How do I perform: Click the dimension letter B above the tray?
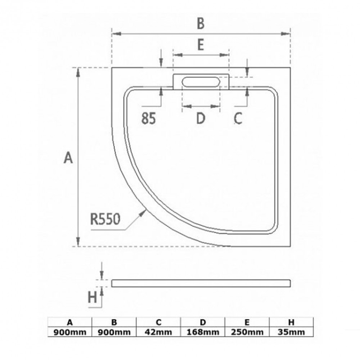point(201,23)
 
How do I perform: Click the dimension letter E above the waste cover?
point(201,45)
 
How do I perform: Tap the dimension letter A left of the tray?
point(68,158)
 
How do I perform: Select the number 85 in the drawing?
point(149,118)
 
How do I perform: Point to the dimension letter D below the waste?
point(201,118)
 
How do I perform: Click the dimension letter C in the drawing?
point(238,118)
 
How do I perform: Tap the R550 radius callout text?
point(105,219)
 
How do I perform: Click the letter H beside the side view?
point(92,298)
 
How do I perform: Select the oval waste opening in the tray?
point(201,82)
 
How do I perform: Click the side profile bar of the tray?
point(201,283)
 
